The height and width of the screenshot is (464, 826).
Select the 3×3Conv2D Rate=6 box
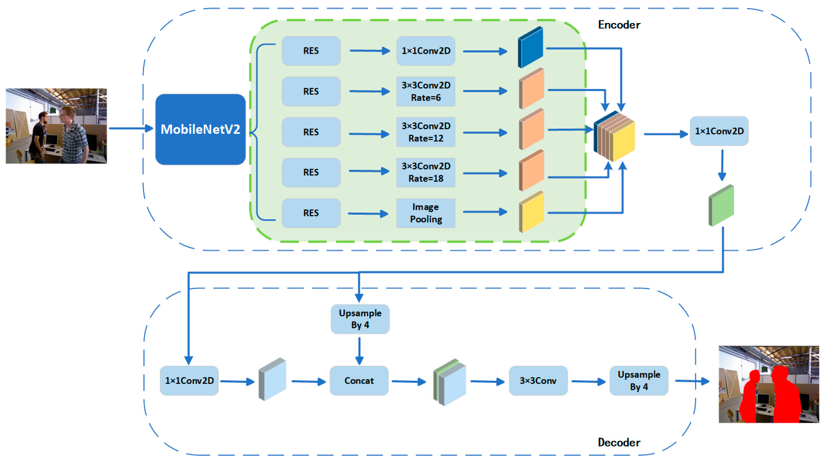[426, 91]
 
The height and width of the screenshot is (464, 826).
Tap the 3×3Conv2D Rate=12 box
[426, 132]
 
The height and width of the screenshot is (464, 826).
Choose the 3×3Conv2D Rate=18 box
[426, 172]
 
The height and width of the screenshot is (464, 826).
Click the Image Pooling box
[426, 213]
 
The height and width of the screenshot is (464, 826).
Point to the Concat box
[359, 381]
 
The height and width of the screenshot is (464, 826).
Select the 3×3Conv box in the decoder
[538, 381]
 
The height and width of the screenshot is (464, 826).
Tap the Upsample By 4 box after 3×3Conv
[639, 381]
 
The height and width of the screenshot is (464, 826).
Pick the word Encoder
[619, 25]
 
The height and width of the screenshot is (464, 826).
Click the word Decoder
[619, 443]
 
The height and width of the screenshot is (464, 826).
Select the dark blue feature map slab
[531, 47]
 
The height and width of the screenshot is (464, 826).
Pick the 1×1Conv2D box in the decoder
[189, 381]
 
